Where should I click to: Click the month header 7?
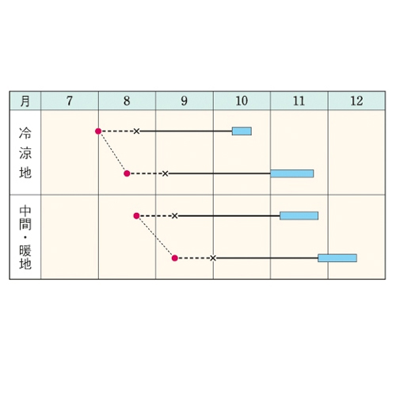70,101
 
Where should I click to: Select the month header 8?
127,101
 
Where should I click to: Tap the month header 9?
185,101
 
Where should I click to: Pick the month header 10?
242,101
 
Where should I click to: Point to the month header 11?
299,101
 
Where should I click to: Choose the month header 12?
356,101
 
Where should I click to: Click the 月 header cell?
25,101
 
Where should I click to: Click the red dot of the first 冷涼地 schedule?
98,131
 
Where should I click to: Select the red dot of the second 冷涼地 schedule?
127,173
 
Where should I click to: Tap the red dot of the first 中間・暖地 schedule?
136,216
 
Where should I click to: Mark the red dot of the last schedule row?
175,258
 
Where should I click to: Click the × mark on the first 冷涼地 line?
136,131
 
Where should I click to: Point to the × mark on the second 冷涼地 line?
165,173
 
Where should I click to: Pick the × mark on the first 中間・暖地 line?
174,216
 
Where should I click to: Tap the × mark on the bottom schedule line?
213,258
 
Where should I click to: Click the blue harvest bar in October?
242,131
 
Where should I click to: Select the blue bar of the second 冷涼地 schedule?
292,173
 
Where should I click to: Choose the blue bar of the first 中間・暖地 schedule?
299,215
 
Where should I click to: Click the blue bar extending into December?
337,258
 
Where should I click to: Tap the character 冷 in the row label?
25,133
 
